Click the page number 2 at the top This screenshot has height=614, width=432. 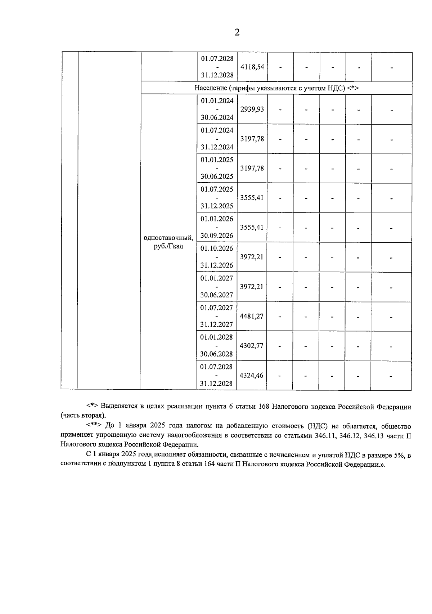click(237, 32)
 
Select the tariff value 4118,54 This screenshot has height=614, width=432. click(252, 67)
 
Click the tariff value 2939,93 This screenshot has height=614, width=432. click(252, 109)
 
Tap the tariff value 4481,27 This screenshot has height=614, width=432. click(252, 316)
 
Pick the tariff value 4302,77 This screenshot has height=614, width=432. click(252, 346)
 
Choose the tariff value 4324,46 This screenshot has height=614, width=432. click(252, 375)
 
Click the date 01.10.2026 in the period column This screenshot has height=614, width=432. click(217, 248)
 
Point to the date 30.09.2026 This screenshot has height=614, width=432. click(217, 236)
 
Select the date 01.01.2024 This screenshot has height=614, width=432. click(217, 101)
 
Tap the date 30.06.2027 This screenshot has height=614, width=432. click(217, 295)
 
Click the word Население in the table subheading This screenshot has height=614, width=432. click(210, 88)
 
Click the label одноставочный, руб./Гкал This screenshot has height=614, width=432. click(168, 242)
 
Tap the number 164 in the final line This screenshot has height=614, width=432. click(210, 465)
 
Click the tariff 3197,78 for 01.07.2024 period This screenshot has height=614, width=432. click(252, 139)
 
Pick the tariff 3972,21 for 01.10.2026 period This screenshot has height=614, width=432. click(252, 257)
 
